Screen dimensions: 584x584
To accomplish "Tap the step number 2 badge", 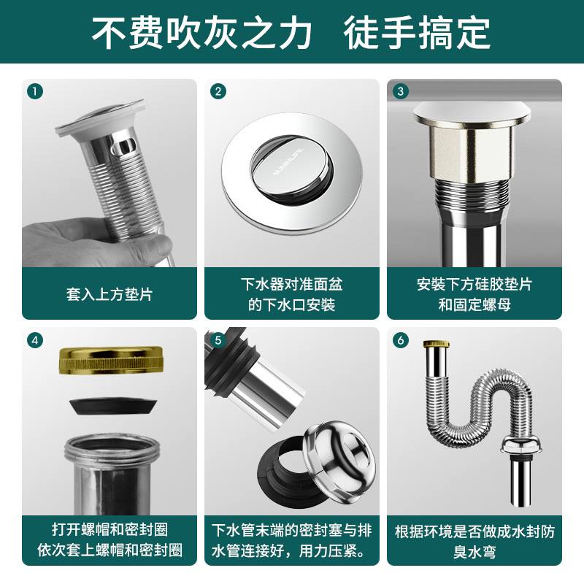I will tap(217, 91).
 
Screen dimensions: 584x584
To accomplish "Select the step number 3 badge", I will tap(399, 91).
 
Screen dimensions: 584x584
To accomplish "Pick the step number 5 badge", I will tap(217, 340).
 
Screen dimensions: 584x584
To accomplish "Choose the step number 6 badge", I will tap(399, 340).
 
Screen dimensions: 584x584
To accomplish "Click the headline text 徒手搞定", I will tap(418, 32).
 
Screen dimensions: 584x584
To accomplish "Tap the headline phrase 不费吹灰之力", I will tap(201, 32).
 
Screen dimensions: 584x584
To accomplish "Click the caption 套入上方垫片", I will tap(109, 295).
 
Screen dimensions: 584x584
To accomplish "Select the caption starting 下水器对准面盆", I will tap(292, 284).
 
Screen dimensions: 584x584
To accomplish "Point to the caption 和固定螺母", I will tap(474, 304).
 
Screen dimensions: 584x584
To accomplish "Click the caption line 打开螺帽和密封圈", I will tap(109, 530).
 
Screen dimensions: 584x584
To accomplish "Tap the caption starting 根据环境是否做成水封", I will tap(474, 531).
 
